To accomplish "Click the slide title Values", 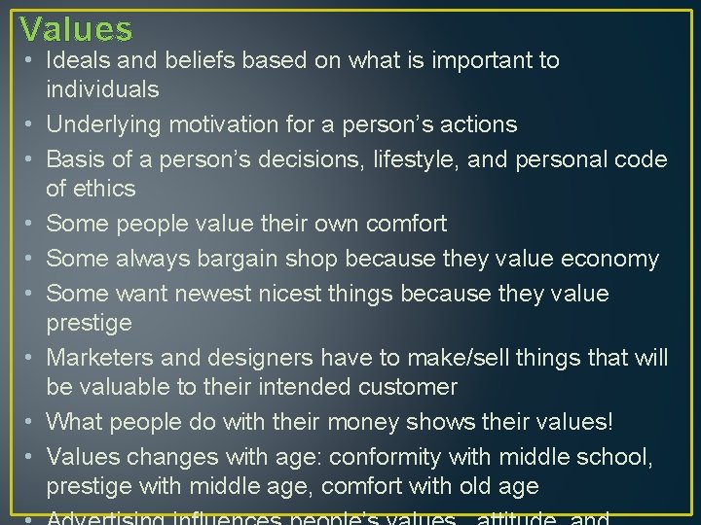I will click(x=76, y=29).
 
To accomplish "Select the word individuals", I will click(x=102, y=89).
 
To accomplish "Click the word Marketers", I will click(x=100, y=358).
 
